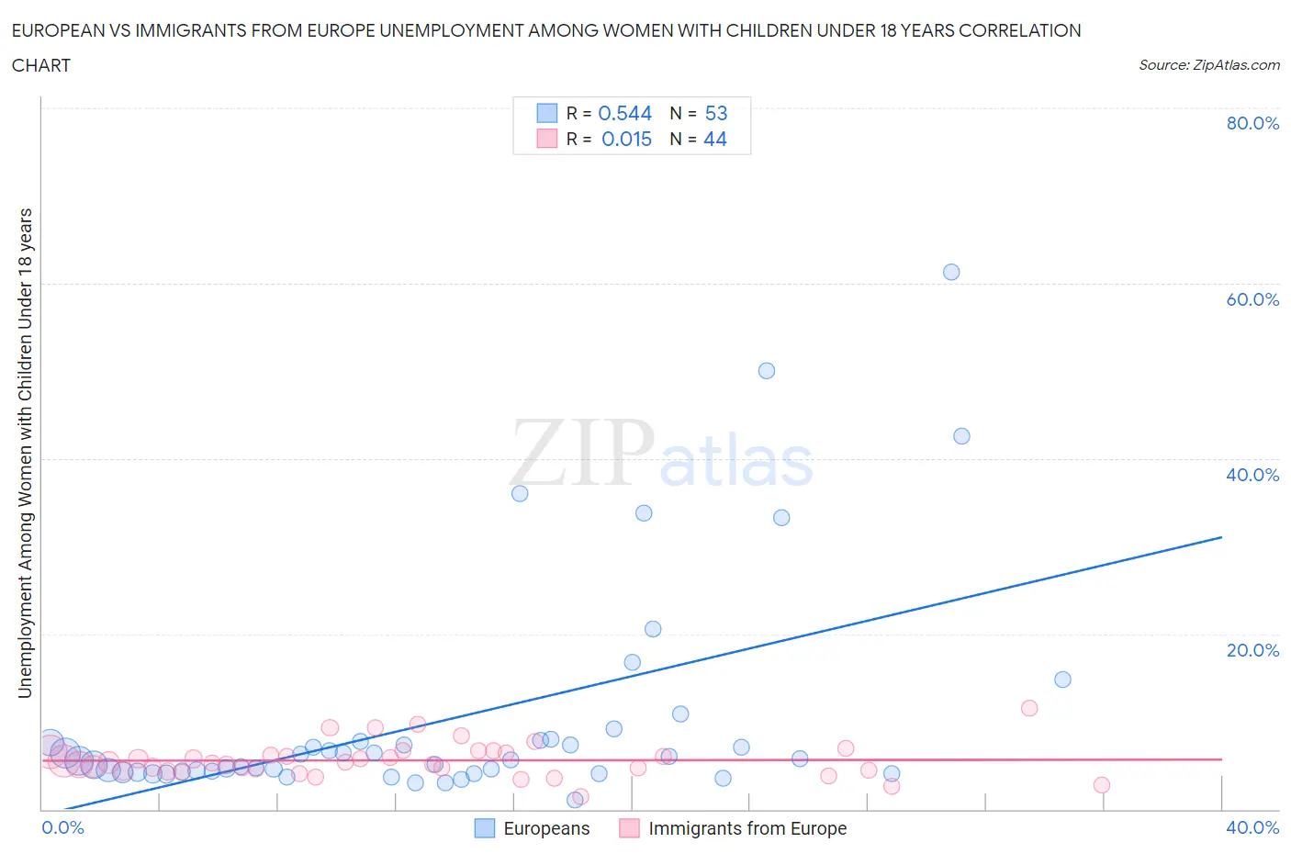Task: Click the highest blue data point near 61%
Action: point(951,272)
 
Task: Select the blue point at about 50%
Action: point(767,371)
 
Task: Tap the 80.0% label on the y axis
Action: point(1252,123)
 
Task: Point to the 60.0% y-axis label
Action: point(1252,299)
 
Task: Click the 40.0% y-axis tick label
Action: point(1252,475)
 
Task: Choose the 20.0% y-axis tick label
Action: point(1252,650)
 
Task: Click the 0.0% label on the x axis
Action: point(62,827)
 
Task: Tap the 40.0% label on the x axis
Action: point(1252,827)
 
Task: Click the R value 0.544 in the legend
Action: point(624,113)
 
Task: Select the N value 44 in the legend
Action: point(715,139)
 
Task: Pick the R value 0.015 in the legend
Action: point(626,139)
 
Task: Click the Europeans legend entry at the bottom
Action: point(545,828)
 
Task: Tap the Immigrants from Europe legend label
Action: point(747,828)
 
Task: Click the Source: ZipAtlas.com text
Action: point(1208,64)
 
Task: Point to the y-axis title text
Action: point(25,453)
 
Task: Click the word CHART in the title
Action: point(41,65)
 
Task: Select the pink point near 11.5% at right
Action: point(1029,708)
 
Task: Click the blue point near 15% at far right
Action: point(1062,680)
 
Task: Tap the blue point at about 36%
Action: point(520,493)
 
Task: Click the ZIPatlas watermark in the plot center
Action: point(661,455)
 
